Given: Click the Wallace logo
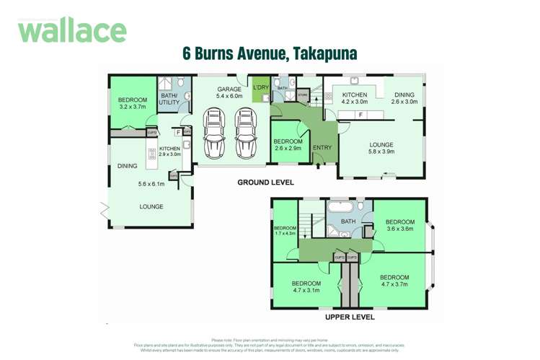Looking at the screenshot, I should click(x=72, y=30).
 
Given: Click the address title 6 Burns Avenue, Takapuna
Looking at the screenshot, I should click(x=270, y=54).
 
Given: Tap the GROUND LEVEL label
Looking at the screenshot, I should click(x=265, y=183).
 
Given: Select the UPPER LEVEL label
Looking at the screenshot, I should click(x=349, y=317).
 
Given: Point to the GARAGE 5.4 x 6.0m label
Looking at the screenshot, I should click(x=229, y=92).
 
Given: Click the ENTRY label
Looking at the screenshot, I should click(x=322, y=148).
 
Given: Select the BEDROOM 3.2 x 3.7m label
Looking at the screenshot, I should click(x=133, y=103).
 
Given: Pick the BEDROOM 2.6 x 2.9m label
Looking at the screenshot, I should click(x=288, y=145).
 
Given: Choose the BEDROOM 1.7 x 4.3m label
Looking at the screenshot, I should click(x=286, y=229).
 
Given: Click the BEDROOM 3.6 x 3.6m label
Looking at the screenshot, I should click(x=399, y=225).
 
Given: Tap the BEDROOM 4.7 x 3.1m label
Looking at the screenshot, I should click(x=306, y=287).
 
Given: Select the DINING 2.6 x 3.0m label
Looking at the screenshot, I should click(x=404, y=98).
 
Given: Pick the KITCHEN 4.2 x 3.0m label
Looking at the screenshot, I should click(x=354, y=99).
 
